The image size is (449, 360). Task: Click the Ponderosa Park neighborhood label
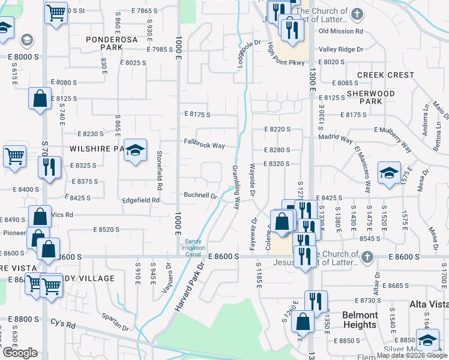tap(112, 44)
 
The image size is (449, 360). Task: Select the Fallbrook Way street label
tap(204, 145)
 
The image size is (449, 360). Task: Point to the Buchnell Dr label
tap(200, 196)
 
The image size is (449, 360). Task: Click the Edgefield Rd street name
tap(141, 200)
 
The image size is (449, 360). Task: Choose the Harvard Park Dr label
tap(188, 286)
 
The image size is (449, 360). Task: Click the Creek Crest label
tap(385, 75)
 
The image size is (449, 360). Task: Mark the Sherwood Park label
tap(372, 97)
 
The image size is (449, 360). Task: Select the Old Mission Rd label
tap(341, 31)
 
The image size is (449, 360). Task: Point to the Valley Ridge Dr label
tap(341, 49)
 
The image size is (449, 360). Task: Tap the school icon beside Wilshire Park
tap(135, 150)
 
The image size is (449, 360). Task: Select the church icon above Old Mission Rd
tap(357, 14)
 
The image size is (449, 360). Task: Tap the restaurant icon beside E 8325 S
tap(49, 167)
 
